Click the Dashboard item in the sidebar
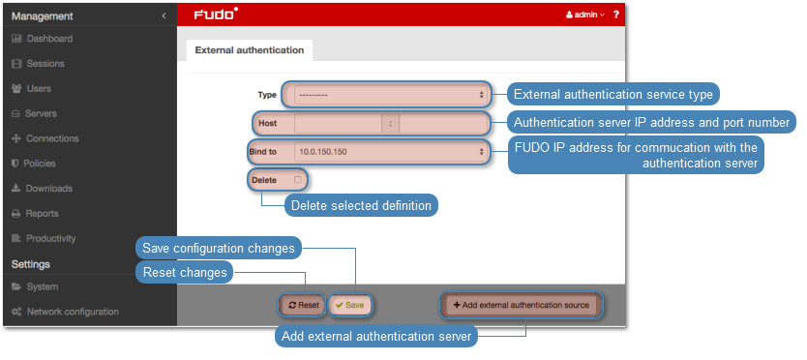click(43, 39)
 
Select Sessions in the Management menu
click(38, 64)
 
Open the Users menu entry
click(31, 89)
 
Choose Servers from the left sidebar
click(34, 113)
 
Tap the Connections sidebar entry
click(45, 138)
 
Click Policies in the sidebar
click(34, 164)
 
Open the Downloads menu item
click(43, 189)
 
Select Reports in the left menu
click(35, 213)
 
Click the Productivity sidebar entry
click(44, 238)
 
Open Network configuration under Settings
click(66, 312)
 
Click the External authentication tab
click(249, 50)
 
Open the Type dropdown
click(390, 95)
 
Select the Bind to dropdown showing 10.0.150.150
click(390, 152)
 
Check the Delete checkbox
click(297, 180)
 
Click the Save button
click(349, 305)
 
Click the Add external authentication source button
click(521, 305)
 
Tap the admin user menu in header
click(585, 15)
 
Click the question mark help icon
click(616, 15)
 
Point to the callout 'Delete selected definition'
click(361, 205)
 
